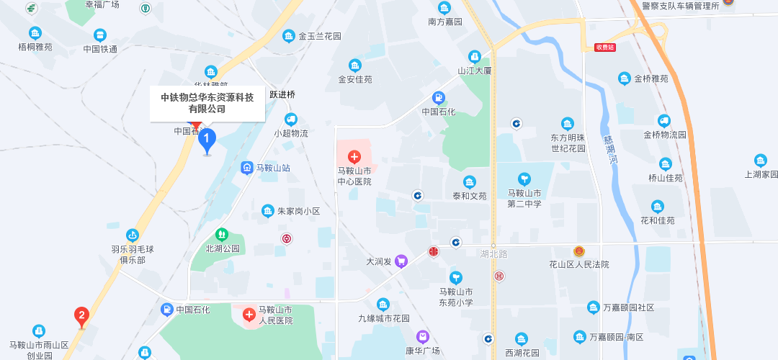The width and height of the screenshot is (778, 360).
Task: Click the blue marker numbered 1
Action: [x=207, y=138]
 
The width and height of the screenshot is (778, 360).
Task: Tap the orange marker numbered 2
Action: [x=82, y=315]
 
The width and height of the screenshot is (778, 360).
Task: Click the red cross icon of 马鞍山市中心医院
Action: [x=354, y=156]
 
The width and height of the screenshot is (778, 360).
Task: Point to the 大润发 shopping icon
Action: [x=401, y=261]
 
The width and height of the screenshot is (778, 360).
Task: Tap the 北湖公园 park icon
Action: [x=222, y=235]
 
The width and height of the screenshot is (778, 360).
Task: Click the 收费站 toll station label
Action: [x=605, y=48]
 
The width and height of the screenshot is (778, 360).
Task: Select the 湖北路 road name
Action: [x=493, y=254]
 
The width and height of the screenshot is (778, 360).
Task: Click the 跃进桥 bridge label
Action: [x=282, y=94]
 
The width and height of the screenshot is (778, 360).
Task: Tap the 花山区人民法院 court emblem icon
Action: [x=579, y=251]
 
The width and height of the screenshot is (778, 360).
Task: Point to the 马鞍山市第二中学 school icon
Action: [x=524, y=179]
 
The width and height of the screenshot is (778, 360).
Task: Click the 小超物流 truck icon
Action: [x=290, y=120]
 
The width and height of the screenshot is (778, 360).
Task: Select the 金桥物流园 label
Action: [x=665, y=135]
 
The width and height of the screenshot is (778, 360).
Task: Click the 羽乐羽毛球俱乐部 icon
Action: [x=133, y=235]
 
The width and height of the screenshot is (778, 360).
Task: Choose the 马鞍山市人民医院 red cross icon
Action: [x=249, y=315]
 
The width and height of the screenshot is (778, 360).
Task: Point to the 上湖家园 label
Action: [x=761, y=174]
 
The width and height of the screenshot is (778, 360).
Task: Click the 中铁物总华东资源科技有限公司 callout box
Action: [x=207, y=103]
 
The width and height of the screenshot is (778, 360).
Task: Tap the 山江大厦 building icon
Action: [x=474, y=56]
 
